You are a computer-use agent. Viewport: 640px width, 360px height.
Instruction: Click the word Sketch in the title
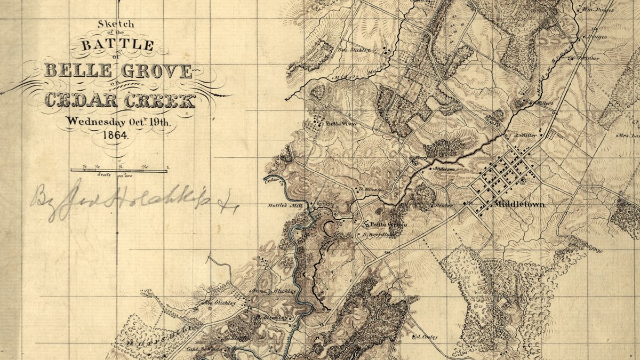coord(116,24)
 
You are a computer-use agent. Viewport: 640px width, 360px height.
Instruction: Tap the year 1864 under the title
coord(116,135)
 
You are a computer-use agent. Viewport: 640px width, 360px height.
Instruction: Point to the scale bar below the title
coord(119,170)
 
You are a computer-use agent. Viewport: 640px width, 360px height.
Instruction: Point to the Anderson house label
coord(444,169)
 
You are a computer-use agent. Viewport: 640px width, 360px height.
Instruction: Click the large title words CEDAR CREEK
coord(119,100)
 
